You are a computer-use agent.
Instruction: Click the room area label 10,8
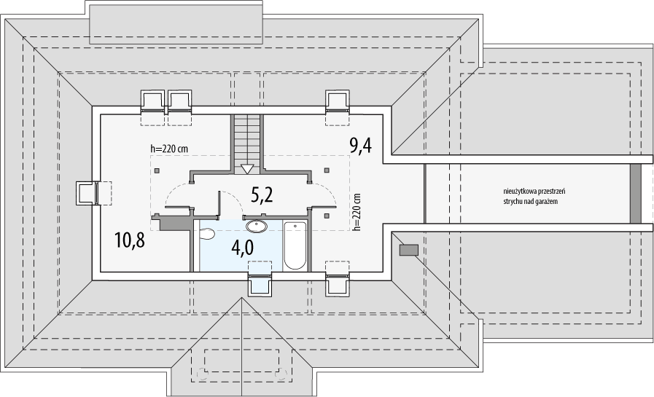click(x=131, y=241)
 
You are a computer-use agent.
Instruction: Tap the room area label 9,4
click(x=361, y=146)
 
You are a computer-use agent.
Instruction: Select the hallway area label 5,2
click(x=262, y=194)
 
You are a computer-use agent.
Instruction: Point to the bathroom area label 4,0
click(x=242, y=248)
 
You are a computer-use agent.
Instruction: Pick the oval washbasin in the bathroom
click(x=257, y=226)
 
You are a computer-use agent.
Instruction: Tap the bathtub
click(x=295, y=245)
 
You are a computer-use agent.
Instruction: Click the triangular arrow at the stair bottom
click(x=247, y=169)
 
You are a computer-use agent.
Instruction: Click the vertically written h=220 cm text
click(x=357, y=212)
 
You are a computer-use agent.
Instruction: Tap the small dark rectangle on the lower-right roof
click(x=409, y=250)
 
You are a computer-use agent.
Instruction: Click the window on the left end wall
click(x=87, y=194)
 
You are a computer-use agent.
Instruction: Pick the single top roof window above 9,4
click(x=337, y=101)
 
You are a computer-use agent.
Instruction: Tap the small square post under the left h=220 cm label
click(x=157, y=170)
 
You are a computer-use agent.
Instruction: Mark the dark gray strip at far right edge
click(x=635, y=193)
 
